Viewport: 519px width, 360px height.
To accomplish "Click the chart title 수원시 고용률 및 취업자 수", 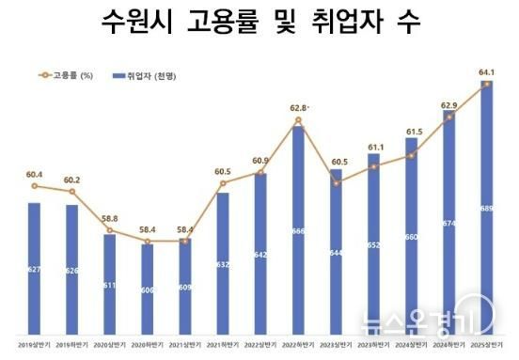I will [260, 23].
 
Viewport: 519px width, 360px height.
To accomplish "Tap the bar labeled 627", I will [34, 268].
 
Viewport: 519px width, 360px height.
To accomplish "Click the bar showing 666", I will [297, 230].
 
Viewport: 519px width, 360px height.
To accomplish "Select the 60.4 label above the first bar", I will [34, 174].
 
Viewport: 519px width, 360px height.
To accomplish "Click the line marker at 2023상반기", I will [336, 182].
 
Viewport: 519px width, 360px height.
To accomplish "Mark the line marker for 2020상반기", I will [109, 230].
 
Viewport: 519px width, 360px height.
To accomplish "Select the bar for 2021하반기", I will [222, 263].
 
